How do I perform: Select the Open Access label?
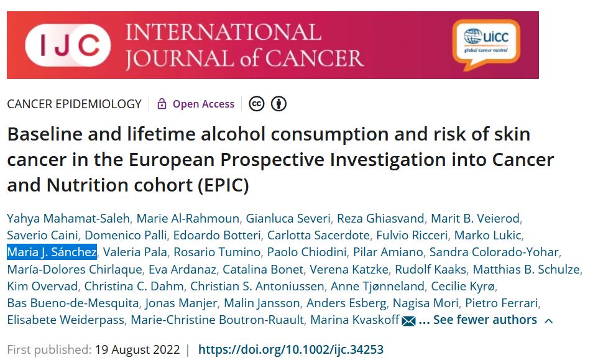[x=203, y=104]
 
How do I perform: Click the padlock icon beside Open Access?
[x=162, y=104]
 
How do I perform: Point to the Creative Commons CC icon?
[x=256, y=104]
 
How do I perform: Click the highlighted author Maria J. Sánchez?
[x=52, y=252]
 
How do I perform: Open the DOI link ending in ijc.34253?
[x=290, y=349]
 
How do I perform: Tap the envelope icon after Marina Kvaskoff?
[x=408, y=321]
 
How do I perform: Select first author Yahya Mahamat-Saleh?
[x=68, y=218]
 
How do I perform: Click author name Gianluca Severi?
[x=288, y=218]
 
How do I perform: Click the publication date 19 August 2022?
[x=137, y=349]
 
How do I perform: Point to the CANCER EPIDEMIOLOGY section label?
[x=74, y=104]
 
